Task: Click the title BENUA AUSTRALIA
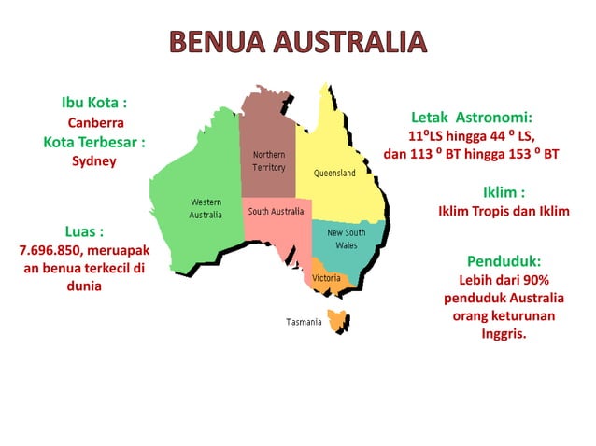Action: [298, 42]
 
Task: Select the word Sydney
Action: [93, 161]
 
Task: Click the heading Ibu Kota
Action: [93, 102]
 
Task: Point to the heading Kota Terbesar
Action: [93, 142]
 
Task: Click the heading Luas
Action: [84, 230]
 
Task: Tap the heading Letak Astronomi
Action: [472, 118]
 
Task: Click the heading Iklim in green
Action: [503, 192]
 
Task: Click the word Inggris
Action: [503, 333]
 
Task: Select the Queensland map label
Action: [334, 174]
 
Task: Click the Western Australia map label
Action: [206, 208]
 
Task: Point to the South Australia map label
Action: [275, 212]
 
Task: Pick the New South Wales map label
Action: [346, 238]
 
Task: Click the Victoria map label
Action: [326, 278]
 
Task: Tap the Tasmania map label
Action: [304, 322]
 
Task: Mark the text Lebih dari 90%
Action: [503, 280]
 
